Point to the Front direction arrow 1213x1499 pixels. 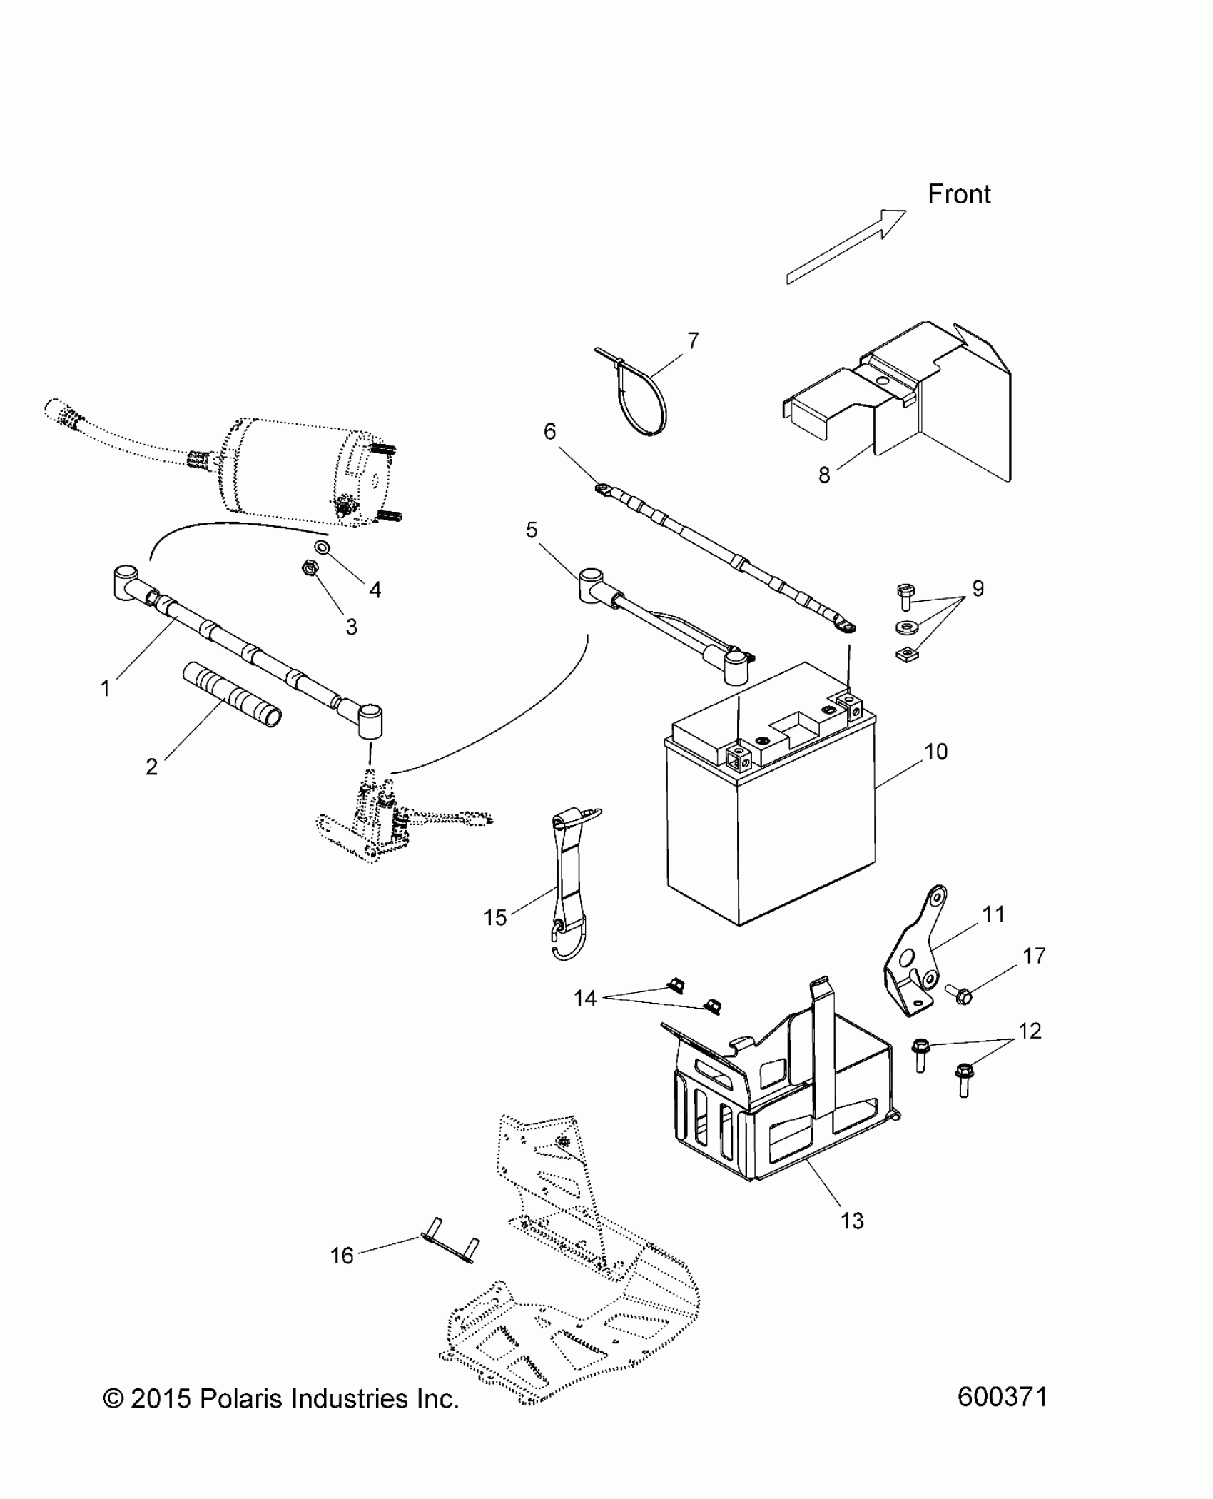pos(846,247)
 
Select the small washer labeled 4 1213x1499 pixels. pos(322,547)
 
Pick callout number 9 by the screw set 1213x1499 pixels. pos(977,588)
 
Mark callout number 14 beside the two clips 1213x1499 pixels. pos(584,998)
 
